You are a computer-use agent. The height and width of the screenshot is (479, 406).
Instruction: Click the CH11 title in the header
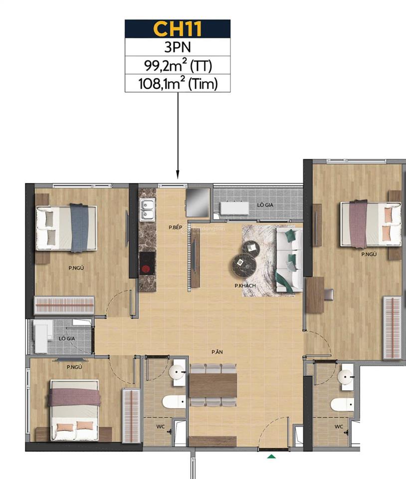tap(177, 29)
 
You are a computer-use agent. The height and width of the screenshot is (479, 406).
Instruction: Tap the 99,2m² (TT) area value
tap(177, 66)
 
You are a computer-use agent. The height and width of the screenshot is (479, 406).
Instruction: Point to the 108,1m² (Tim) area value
tap(177, 83)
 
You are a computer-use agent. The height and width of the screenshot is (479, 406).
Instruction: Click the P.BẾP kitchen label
tap(175, 227)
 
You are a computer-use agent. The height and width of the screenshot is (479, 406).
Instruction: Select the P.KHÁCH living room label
tap(245, 285)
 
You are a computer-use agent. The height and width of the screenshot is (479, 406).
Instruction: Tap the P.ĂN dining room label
tap(216, 352)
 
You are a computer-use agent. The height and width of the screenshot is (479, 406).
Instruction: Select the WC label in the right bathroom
tap(339, 427)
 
